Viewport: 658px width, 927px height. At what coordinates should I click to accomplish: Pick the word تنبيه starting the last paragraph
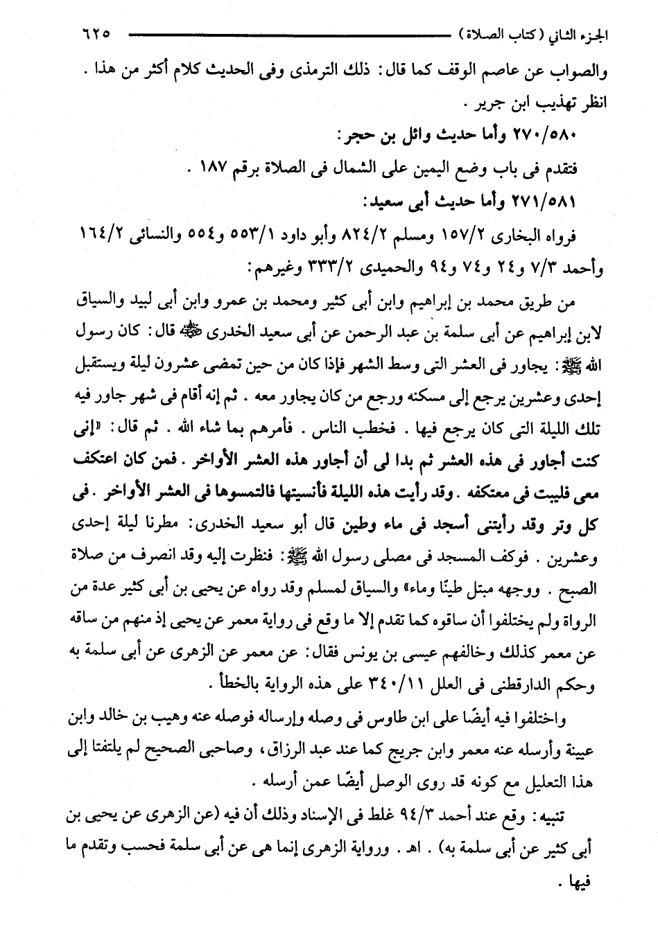click(562, 816)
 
